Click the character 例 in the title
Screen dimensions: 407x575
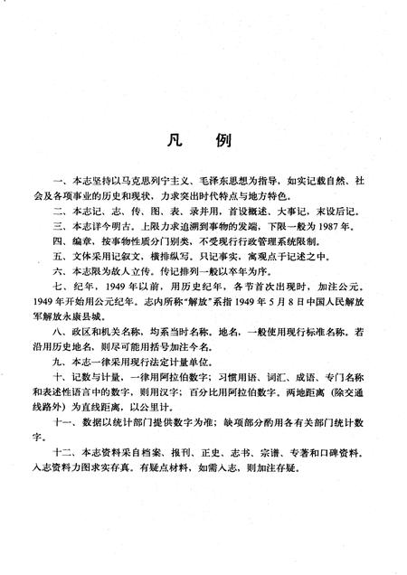[x=225, y=143]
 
